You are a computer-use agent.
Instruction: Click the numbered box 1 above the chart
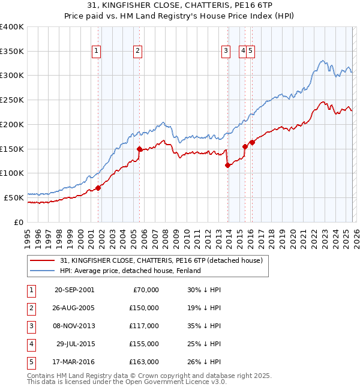coord(97,52)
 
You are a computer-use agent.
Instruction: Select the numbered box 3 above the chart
coord(226,52)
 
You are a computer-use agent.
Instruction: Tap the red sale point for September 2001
coord(98,188)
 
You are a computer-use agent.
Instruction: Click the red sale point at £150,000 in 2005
coord(139,149)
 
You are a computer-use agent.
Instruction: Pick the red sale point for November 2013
coord(227,165)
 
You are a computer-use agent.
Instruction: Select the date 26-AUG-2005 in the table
coord(74,308)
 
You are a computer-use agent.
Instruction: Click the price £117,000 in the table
coord(144,326)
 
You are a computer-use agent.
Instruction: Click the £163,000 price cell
coord(144,362)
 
